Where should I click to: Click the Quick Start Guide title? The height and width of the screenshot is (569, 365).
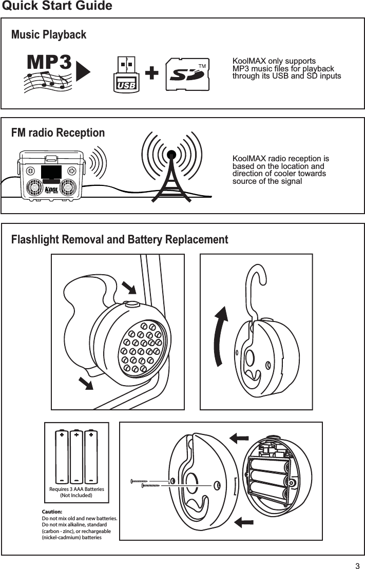point(57,6)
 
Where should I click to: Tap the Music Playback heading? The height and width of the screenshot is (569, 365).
point(49,35)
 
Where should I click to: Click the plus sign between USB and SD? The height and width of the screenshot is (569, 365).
point(151,74)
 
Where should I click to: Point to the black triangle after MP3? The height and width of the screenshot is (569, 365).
point(83,71)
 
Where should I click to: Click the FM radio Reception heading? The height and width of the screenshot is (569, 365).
point(58,133)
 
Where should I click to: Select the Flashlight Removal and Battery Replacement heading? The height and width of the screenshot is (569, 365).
point(120,240)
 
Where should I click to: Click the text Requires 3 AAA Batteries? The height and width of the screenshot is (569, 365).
point(76,489)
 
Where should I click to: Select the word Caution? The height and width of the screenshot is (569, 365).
point(52,512)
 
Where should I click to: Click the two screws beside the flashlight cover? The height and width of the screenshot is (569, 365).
point(149,483)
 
